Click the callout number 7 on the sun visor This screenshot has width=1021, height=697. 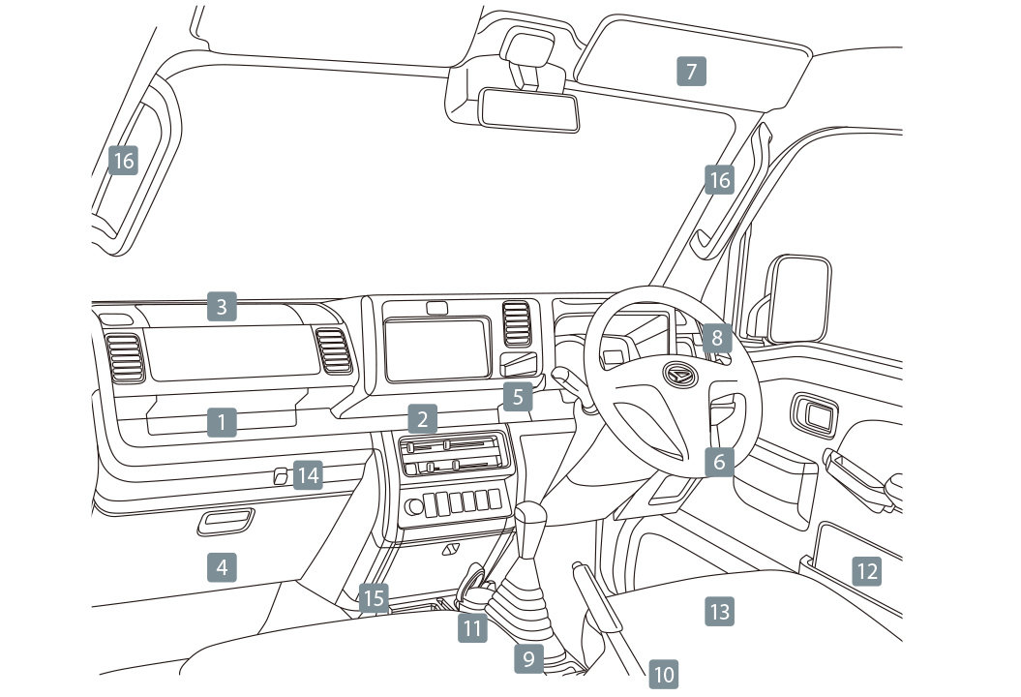coord(690,72)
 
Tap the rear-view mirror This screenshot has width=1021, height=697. coord(530,108)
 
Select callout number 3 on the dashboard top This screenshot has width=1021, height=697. coord(222,308)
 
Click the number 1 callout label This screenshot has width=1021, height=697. coord(222,421)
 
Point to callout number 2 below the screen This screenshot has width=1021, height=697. coord(422,420)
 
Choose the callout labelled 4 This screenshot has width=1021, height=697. coord(222,566)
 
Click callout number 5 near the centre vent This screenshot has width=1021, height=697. coord(518,396)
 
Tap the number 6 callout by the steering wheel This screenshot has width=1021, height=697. coord(718,463)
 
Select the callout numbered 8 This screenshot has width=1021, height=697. coord(717,338)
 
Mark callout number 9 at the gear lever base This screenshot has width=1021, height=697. coord(528,659)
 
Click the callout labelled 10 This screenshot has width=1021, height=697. coord(663,674)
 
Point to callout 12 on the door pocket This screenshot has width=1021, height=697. coord(866,571)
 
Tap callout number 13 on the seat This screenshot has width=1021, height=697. coord(719,611)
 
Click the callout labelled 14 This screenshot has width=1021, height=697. coord(308,474)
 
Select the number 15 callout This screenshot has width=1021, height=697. coord(374,598)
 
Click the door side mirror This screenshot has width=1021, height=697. coord(799,299)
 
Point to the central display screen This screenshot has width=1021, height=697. coord(435,349)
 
